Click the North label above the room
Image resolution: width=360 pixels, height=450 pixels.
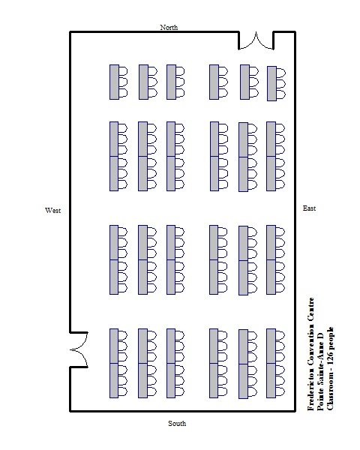(x=169, y=27)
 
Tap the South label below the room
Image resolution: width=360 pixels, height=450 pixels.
(x=177, y=423)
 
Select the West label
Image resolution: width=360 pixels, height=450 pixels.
(x=52, y=210)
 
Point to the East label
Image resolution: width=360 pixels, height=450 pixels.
(x=309, y=208)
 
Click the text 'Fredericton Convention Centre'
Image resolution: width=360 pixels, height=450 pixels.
(x=311, y=354)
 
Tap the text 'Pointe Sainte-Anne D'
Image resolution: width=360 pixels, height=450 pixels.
(x=320, y=371)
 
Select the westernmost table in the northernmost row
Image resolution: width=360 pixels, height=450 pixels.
(x=114, y=82)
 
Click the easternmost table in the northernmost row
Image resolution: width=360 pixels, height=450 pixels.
(x=271, y=83)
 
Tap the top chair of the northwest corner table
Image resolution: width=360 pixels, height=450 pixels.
(x=123, y=71)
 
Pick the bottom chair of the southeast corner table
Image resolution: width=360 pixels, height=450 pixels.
(x=280, y=391)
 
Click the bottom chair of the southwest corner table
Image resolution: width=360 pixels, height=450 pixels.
(x=123, y=391)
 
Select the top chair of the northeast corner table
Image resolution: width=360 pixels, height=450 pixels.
(x=280, y=73)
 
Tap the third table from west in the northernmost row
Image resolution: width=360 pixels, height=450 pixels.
(x=172, y=82)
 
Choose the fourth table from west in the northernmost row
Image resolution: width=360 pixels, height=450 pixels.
(x=214, y=82)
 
